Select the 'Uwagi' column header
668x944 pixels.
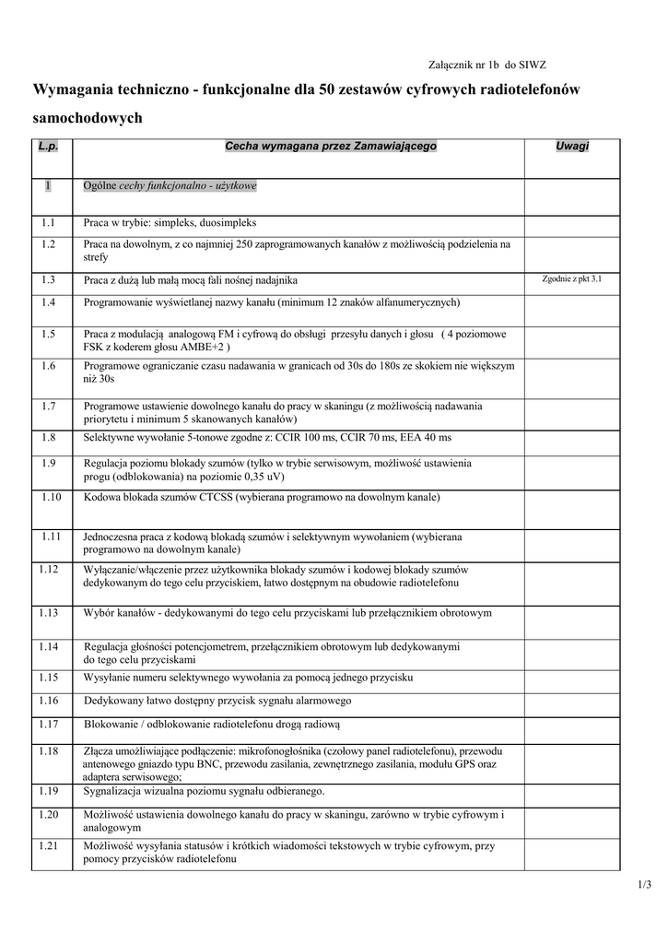(x=572, y=146)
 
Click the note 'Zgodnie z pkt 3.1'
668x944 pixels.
(x=572, y=278)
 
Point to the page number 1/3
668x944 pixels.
(x=643, y=886)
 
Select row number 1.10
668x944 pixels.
(x=51, y=497)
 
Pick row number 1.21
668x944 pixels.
(x=51, y=845)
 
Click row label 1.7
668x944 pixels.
(x=49, y=405)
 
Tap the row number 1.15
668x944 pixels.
(x=49, y=677)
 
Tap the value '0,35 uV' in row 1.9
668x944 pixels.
(x=263, y=478)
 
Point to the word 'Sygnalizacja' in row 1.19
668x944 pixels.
(x=113, y=790)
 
